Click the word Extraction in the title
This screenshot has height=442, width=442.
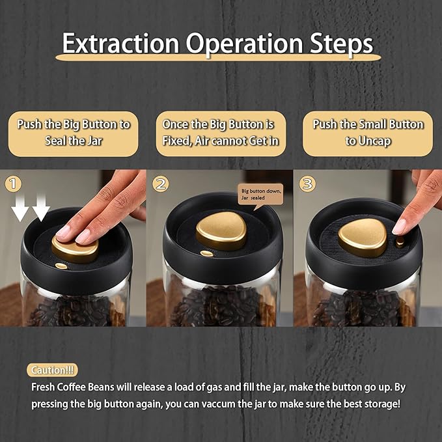(x=120, y=43)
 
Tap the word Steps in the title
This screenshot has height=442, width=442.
(x=341, y=44)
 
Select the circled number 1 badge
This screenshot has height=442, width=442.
(x=13, y=184)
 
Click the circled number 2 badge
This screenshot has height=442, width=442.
(x=161, y=184)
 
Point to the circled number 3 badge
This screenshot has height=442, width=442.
(x=307, y=184)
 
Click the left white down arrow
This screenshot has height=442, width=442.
(x=20, y=208)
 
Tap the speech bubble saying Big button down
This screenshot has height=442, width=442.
(x=260, y=196)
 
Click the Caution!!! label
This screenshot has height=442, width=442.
(x=52, y=370)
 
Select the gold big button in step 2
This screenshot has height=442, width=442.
(x=221, y=230)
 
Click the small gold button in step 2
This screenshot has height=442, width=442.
(x=207, y=253)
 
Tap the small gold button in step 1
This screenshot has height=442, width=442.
(x=61, y=266)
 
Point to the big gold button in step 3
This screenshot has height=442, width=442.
(x=363, y=238)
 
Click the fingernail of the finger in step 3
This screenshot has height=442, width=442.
(x=399, y=227)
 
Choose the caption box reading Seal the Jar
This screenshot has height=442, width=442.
(x=74, y=134)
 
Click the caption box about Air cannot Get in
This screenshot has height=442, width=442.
(x=221, y=133)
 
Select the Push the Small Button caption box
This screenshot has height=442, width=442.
(x=368, y=133)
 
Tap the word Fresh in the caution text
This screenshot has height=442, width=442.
(x=43, y=387)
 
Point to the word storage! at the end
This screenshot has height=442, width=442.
(x=382, y=404)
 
